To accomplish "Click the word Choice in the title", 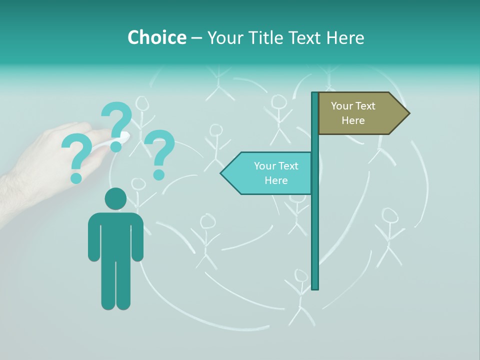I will click(156, 37).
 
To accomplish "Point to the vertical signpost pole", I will click(315, 225).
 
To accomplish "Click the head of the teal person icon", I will click(115, 198).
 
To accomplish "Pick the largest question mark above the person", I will click(117, 125).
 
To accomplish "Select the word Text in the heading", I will click(306, 37).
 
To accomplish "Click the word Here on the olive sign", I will click(353, 120).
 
